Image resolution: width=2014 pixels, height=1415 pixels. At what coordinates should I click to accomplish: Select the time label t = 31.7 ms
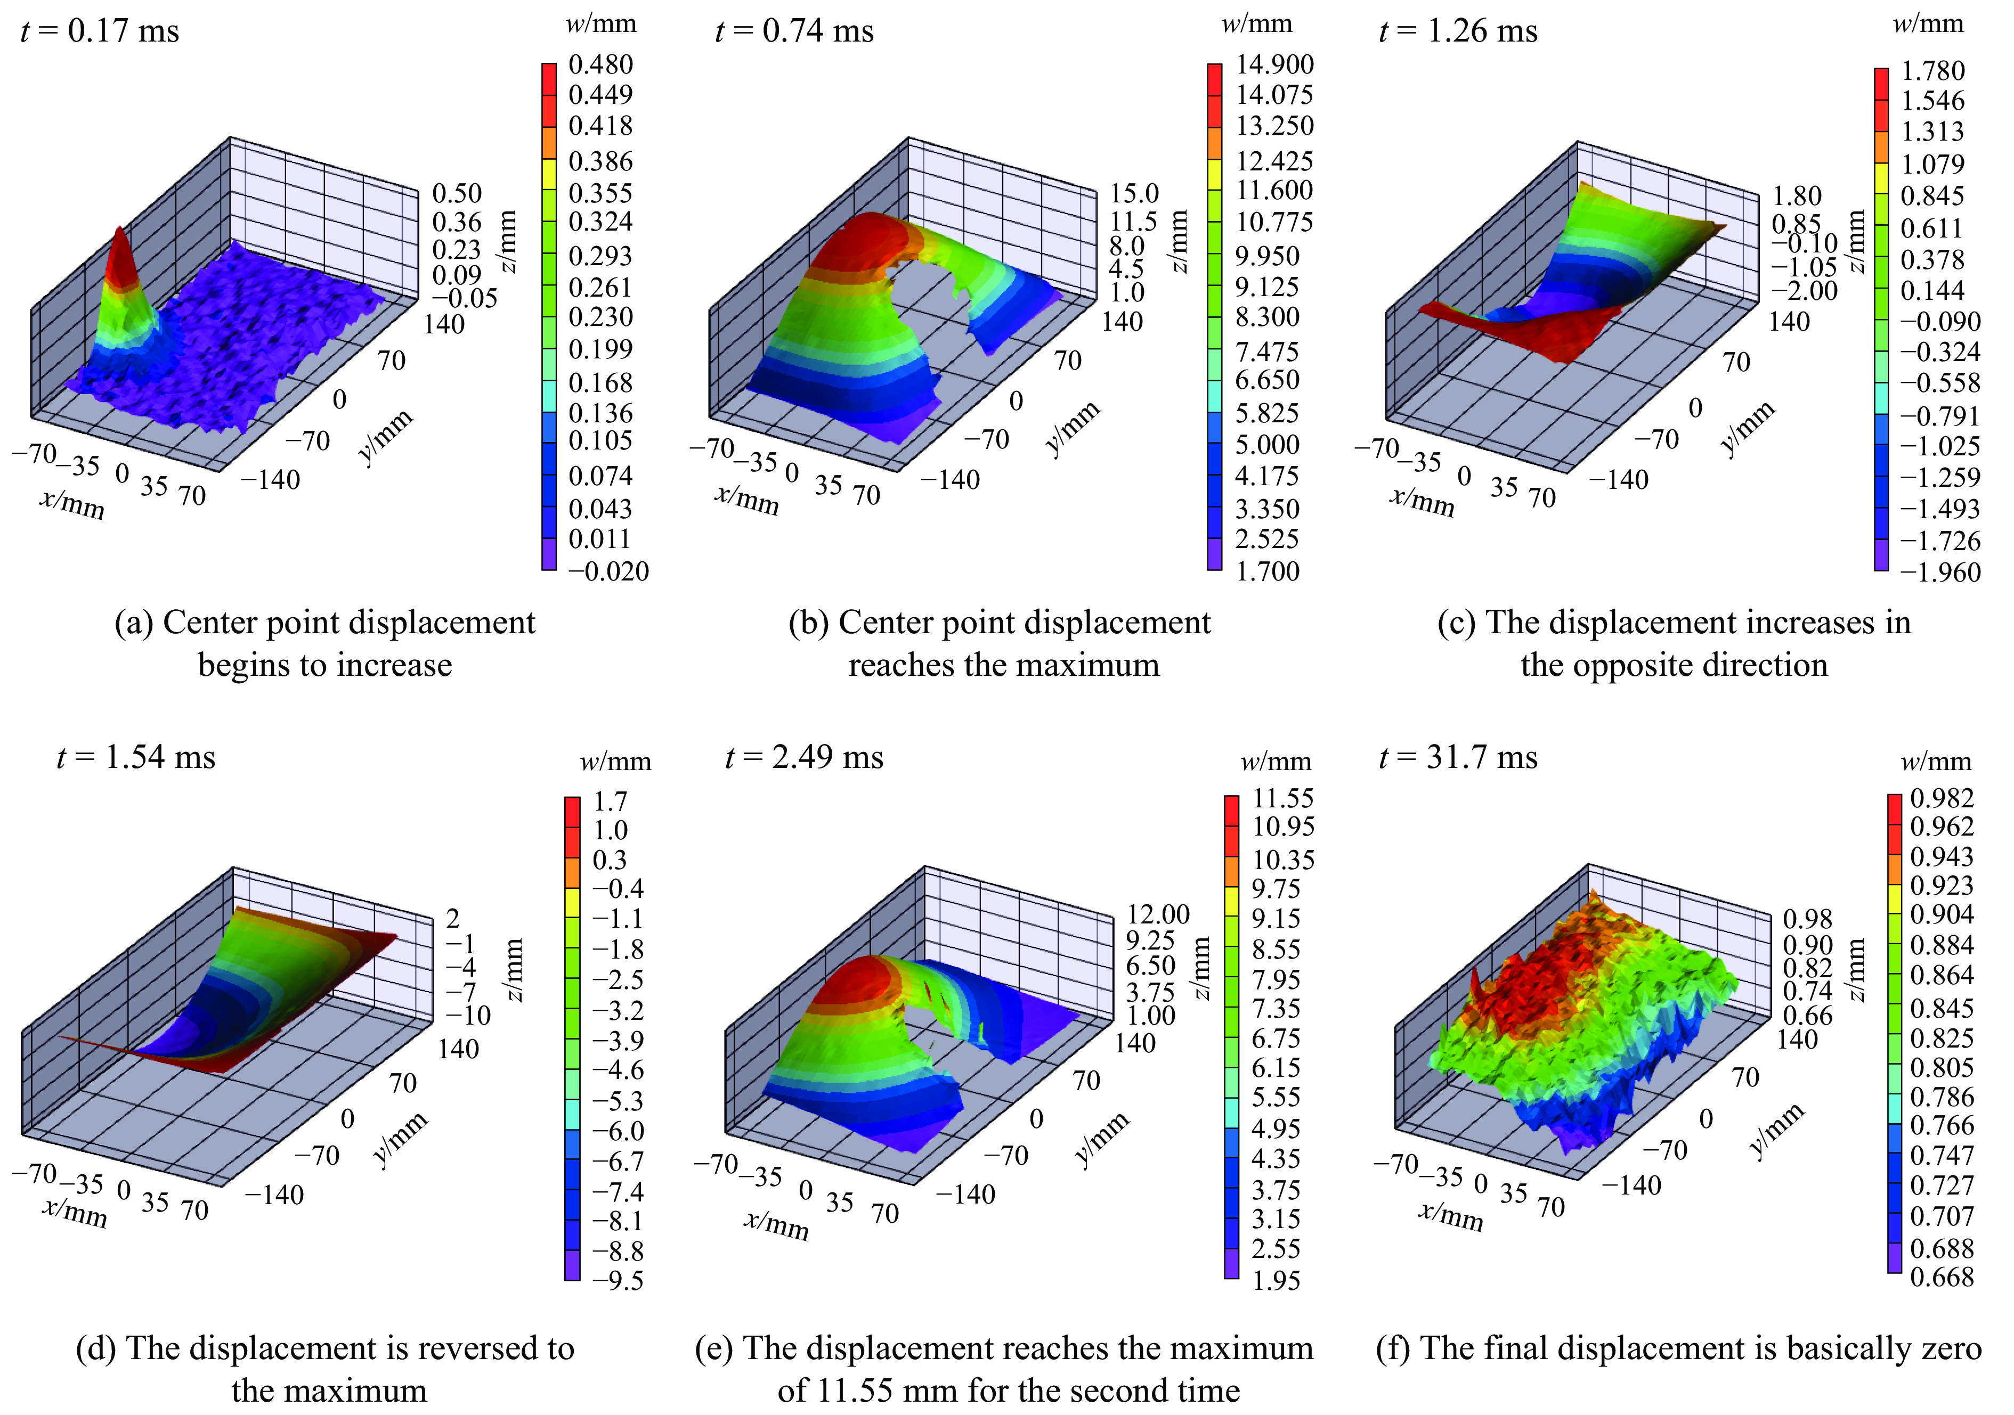pyautogui.click(x=1458, y=757)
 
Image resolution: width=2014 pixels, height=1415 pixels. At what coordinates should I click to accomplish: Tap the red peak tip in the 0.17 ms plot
pyautogui.click(x=120, y=230)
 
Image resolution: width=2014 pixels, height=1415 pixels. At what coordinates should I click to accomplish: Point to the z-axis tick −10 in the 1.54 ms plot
pyautogui.click(x=469, y=1015)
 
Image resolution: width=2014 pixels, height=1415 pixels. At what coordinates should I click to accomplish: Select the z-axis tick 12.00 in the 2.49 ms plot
pyautogui.click(x=1158, y=914)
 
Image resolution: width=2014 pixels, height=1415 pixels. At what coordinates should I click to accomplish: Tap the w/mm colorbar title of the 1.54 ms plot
pyautogui.click(x=616, y=761)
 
